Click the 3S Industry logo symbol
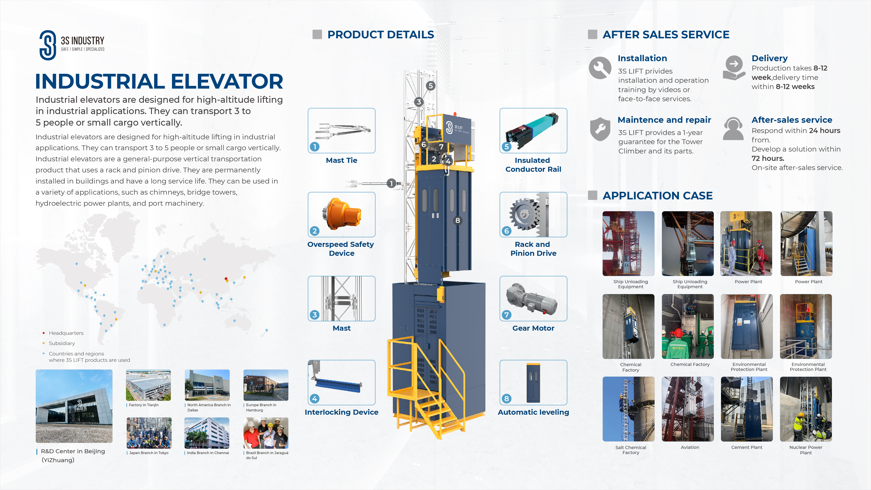(48, 45)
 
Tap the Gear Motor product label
(533, 328)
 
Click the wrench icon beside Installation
(600, 68)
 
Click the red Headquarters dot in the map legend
(44, 333)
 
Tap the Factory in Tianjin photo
(148, 385)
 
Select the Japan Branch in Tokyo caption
(149, 453)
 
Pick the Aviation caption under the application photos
(690, 447)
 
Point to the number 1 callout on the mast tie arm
(391, 183)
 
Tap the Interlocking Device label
(342, 412)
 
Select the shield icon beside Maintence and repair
(600, 129)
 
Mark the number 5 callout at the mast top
(430, 86)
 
